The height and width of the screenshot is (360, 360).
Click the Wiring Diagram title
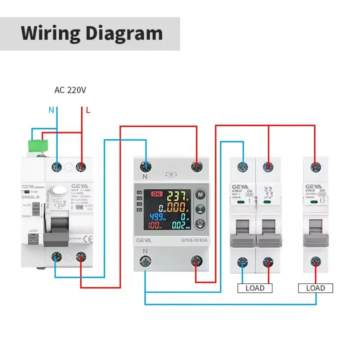point(92,33)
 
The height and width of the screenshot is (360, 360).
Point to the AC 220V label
point(70,90)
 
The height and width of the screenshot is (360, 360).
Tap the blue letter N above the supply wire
point(51,110)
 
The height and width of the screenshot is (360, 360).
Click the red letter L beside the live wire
point(88,110)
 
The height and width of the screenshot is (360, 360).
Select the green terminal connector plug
point(39,145)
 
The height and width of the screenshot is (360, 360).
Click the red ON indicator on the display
point(157,194)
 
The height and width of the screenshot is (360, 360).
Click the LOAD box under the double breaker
point(255,288)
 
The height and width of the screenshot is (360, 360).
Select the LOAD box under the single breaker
point(315,288)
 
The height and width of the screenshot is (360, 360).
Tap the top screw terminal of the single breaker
point(315,166)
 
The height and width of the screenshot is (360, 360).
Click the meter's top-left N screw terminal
point(146,166)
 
